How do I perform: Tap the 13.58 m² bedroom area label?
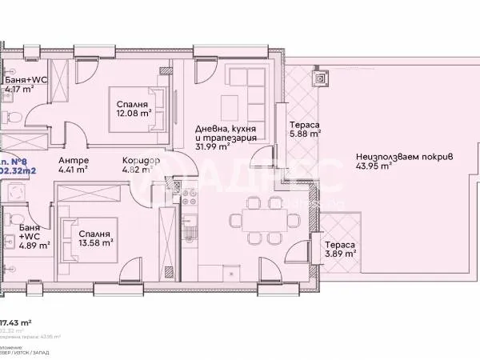(95, 241)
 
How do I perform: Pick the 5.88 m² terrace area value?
(306, 134)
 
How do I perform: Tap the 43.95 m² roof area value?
(374, 166)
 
